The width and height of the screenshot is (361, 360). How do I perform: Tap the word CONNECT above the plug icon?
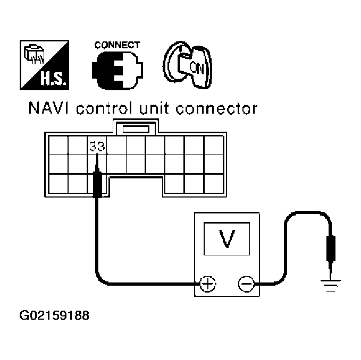click(117, 45)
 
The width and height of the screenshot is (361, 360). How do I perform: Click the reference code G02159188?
click(54, 316)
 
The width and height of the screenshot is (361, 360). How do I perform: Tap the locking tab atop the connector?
click(136, 128)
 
